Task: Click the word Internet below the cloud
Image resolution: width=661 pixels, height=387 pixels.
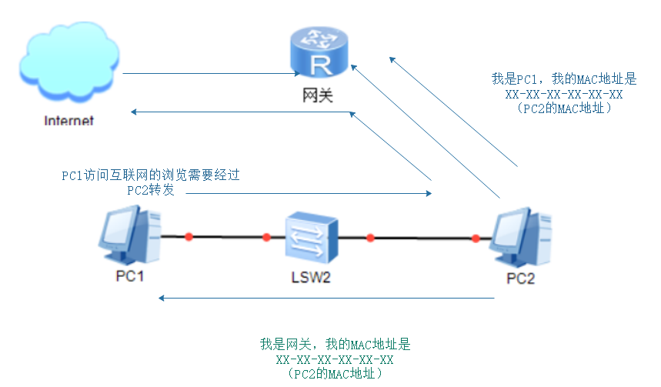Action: click(68, 121)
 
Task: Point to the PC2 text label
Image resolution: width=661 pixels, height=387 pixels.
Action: click(520, 278)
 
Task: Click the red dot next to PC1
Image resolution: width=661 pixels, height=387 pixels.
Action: click(188, 236)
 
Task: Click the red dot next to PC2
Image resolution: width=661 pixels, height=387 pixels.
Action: click(476, 238)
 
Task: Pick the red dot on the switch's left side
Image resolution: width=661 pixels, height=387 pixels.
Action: click(266, 237)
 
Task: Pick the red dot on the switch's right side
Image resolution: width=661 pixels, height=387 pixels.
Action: click(370, 238)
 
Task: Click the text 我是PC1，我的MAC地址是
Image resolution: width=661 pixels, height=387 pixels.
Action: click(563, 78)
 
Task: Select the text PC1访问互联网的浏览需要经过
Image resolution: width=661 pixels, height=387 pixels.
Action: click(151, 175)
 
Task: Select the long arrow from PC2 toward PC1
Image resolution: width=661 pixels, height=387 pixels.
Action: click(327, 297)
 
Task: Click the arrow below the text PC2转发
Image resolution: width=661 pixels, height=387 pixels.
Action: click(308, 194)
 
